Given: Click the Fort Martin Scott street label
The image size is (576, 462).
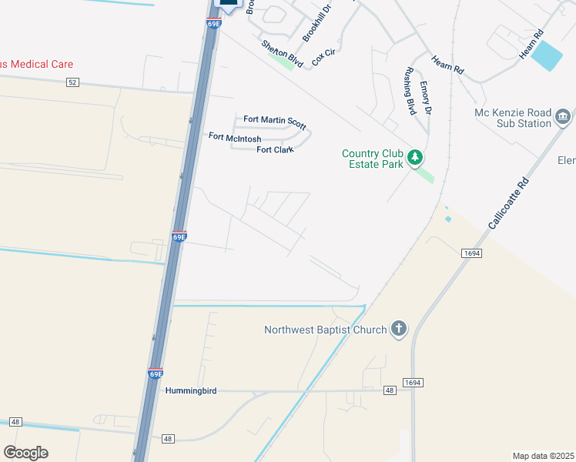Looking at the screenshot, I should (275, 122).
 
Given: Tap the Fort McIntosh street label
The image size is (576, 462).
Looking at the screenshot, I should (235, 137).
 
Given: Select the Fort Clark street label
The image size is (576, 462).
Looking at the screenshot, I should (275, 149).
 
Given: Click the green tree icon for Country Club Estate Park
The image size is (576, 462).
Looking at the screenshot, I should (416, 158).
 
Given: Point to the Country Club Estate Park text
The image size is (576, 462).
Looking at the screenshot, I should (373, 159).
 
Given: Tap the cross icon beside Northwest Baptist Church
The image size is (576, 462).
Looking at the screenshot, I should (398, 330).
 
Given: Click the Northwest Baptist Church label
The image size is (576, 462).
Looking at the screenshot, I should (326, 330).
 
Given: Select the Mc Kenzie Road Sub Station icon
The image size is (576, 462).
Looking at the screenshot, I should (563, 117).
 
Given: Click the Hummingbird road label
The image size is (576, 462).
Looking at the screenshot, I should (191, 391).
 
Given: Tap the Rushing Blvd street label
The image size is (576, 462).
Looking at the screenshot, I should (410, 91).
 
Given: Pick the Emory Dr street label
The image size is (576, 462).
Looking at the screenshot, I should (426, 101).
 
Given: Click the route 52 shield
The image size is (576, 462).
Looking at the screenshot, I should (72, 82).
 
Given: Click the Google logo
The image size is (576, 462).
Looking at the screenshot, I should (25, 453).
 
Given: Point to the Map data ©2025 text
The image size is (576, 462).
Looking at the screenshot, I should (543, 456).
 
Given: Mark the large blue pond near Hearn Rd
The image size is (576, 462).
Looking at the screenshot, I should (547, 56).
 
